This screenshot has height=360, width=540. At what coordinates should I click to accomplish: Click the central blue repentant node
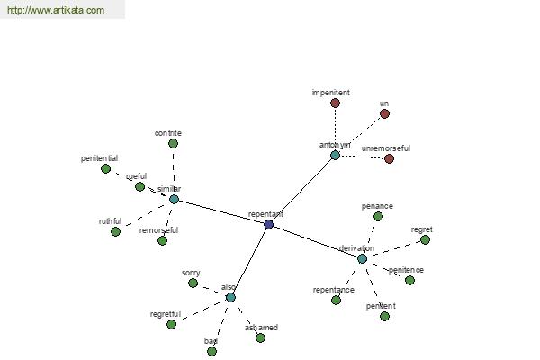point(268,224)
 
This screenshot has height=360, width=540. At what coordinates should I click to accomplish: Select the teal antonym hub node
point(335,155)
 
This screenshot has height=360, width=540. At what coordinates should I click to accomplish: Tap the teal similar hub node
point(174,199)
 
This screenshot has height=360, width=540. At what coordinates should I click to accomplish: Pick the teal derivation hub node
point(362,258)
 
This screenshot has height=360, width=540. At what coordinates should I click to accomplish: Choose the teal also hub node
point(230,297)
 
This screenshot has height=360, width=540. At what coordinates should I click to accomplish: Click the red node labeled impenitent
point(335,103)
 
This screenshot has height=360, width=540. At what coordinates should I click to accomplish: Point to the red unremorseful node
point(389,158)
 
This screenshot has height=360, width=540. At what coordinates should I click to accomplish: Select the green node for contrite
point(173,143)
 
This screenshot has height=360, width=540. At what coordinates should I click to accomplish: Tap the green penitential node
point(105,168)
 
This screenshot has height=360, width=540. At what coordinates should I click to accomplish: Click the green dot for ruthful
point(115,231)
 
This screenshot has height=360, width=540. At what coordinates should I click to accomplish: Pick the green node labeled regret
point(425,239)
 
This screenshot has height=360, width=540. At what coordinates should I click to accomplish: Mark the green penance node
point(378,216)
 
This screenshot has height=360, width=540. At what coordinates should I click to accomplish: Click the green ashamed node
point(260,337)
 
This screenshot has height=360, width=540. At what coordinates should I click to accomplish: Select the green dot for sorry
point(193,283)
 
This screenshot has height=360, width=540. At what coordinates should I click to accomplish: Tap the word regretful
point(166,314)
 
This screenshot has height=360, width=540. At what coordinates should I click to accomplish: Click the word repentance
point(333,290)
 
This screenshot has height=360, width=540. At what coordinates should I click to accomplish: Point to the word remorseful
point(158,230)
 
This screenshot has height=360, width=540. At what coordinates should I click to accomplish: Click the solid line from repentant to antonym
point(301,189)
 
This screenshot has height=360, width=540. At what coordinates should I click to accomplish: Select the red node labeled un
point(384,113)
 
